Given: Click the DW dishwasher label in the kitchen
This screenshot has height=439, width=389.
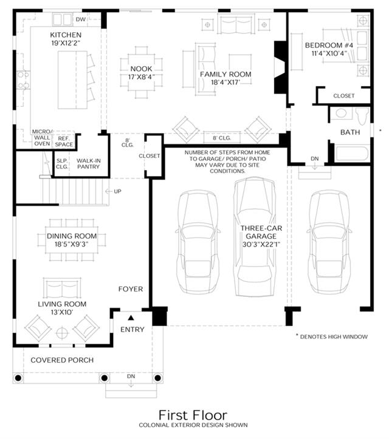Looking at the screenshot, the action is pyautogui.click(x=81, y=19).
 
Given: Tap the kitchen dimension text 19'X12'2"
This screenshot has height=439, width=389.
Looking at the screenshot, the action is pyautogui.click(x=66, y=43).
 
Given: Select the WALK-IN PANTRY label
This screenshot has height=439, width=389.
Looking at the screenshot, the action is pyautogui.click(x=88, y=163).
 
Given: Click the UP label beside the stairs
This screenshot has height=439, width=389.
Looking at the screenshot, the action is pyautogui.click(x=117, y=191).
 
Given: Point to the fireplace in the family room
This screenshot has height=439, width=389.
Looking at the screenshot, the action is pyautogui.click(x=280, y=67).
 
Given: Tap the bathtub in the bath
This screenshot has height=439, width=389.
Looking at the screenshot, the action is pyautogui.click(x=352, y=154).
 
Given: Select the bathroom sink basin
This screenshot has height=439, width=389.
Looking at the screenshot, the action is pyautogui.click(x=341, y=113).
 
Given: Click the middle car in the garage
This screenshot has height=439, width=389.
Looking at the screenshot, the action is pyautogui.click(x=254, y=236).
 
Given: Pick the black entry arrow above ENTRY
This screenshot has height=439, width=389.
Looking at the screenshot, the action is pyautogui.click(x=131, y=318).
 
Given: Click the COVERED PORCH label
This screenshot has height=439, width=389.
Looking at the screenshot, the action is pyautogui.click(x=62, y=360).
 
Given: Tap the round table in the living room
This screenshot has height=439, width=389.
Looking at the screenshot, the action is pyautogui.click(x=62, y=333).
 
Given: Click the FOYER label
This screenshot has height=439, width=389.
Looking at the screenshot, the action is pyautogui.click(x=131, y=289).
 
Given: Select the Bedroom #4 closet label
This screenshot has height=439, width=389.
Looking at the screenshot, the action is pyautogui.click(x=344, y=96).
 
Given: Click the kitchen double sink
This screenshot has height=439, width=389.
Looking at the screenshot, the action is pyautogui.click(x=62, y=19).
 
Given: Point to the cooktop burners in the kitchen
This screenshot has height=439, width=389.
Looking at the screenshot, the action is pyautogui.click(x=23, y=80).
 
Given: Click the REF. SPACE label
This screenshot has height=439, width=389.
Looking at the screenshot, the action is pyautogui.click(x=64, y=141).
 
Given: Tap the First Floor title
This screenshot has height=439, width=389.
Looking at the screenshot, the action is pyautogui.click(x=193, y=415).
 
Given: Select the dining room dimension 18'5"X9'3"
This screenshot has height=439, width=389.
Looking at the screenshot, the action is pyautogui.click(x=72, y=245).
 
